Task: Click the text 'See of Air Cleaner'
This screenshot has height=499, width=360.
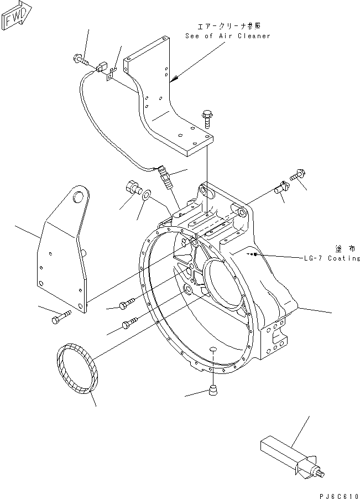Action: [x=228, y=36]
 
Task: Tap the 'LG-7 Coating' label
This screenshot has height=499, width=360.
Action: [x=331, y=258]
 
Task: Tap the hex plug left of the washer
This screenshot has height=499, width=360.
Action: [x=133, y=188]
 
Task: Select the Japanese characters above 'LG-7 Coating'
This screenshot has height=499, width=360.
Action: [x=341, y=248]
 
